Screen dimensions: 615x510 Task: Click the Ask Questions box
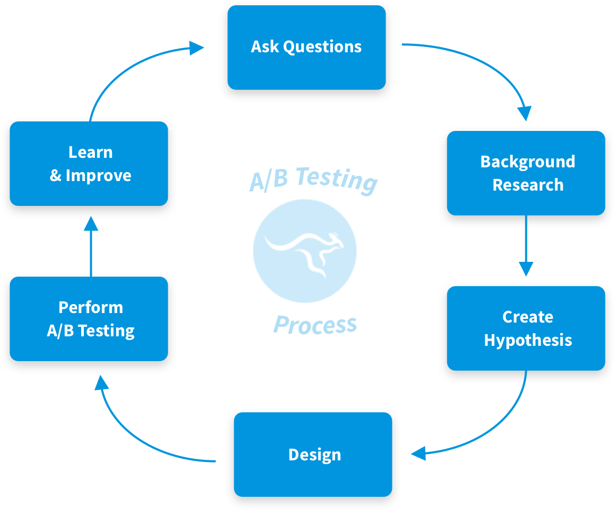[306, 48]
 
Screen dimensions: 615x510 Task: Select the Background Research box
[526, 173]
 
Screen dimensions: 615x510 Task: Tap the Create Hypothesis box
[526, 328]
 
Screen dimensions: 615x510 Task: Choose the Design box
[313, 454]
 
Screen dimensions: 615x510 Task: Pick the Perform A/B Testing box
[89, 319]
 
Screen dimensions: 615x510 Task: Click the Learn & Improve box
[89, 164]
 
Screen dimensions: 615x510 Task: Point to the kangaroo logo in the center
[305, 251]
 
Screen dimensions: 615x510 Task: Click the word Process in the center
[315, 325]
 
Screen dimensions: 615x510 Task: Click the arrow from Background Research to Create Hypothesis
[526, 246]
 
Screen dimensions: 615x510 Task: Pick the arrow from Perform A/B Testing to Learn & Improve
[91, 247]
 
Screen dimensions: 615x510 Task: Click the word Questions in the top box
[322, 47]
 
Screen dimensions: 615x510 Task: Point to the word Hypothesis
[528, 341]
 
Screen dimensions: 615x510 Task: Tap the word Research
[528, 185]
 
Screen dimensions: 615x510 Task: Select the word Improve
[99, 175]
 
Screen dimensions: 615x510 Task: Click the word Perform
[91, 307]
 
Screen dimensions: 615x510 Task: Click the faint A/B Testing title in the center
[313, 180]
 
